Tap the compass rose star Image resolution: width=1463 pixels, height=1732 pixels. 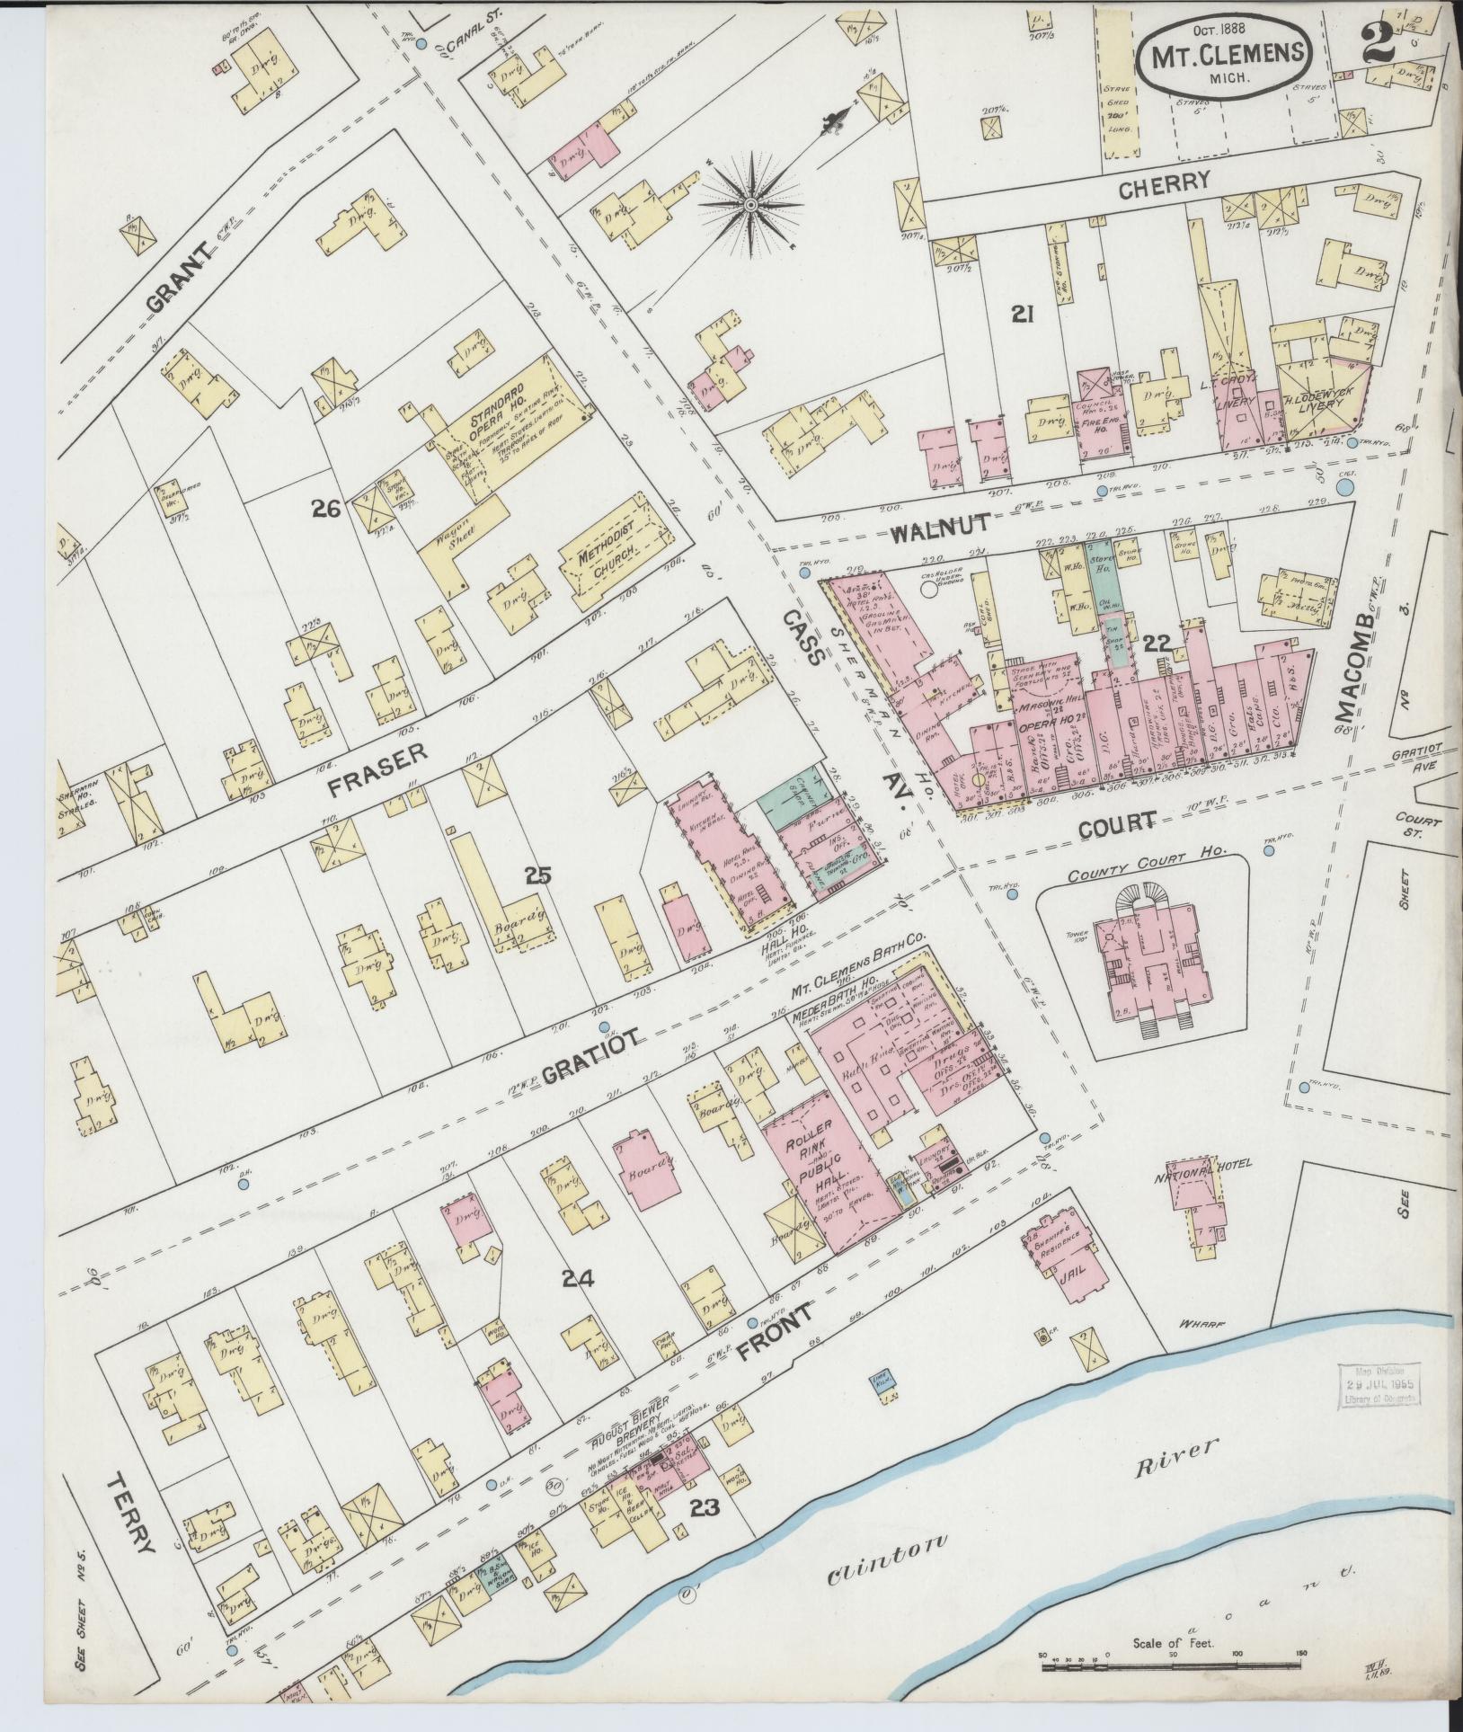[749, 205]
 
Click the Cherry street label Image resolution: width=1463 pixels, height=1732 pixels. [1164, 182]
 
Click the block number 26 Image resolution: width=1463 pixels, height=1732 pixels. [324, 510]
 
